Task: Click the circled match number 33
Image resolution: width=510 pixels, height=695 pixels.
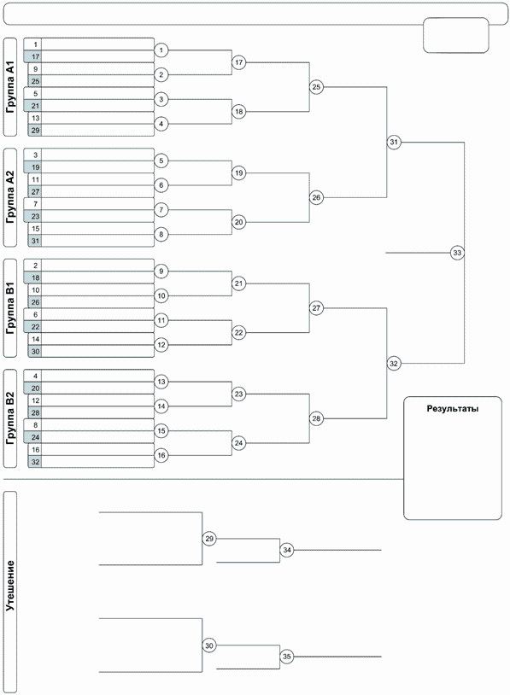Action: click(457, 253)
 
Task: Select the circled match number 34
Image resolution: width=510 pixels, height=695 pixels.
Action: click(287, 550)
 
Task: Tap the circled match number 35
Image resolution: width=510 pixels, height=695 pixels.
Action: click(287, 657)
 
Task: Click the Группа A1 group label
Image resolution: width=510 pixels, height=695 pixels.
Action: click(10, 87)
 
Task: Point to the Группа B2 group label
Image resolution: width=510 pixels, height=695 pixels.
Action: click(10, 418)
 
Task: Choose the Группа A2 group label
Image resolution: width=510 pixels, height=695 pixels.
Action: click(10, 197)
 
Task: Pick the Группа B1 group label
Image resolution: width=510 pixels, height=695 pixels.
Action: click(10, 308)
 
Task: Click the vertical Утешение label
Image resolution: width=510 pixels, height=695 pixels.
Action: click(10, 586)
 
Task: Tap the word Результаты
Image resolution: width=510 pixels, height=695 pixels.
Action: click(453, 409)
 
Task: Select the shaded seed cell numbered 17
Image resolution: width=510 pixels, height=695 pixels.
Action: click(33, 56)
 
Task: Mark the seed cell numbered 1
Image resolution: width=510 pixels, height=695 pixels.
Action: click(33, 44)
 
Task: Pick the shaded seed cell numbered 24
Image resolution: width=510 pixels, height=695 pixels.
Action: click(33, 437)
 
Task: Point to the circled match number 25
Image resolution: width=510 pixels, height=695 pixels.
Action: click(316, 87)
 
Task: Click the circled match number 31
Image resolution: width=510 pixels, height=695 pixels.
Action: click(394, 143)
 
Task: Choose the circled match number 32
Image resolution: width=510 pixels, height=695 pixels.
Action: click(394, 364)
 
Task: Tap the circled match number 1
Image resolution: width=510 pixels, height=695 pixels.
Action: click(161, 50)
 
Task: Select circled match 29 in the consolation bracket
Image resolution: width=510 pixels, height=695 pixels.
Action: click(209, 539)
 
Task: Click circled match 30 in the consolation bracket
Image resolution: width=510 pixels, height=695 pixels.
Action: click(209, 645)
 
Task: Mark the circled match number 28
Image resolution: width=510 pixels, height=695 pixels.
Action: click(316, 418)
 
